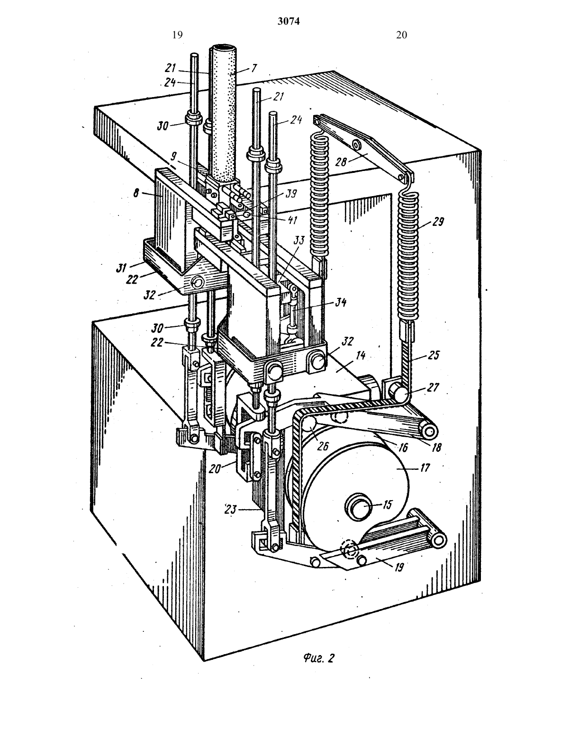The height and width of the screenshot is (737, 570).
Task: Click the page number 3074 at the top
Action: pos(289,21)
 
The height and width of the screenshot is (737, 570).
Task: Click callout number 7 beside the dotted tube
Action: pos(254,68)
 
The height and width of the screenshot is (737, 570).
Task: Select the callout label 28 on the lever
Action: pos(342,162)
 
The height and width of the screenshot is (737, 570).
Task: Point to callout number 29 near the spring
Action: pos(438,222)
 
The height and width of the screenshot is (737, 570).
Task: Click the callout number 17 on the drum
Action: pos(425,467)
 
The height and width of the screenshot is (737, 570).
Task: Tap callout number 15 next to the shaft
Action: pos(387,505)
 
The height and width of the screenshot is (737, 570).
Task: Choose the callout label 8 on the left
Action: pos(136,194)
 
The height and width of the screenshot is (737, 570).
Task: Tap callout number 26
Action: pos(323,446)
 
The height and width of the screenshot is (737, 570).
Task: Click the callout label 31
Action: pos(121,269)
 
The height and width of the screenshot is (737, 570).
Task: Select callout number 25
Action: pos(434,355)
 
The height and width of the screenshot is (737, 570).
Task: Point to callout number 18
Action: pos(437,447)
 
